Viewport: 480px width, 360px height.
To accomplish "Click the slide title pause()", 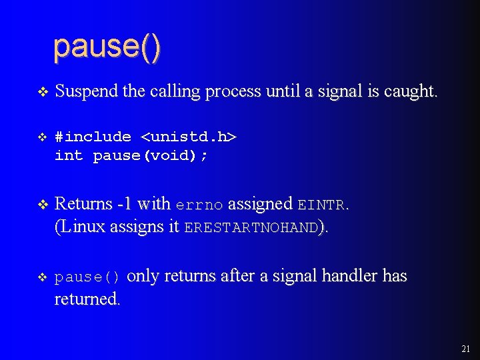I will pos(107,47).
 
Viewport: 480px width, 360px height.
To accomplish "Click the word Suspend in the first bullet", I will pos(83,92).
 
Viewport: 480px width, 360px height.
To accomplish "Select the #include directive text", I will pos(93,137).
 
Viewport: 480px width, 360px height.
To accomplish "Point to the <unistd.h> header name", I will pos(189,137).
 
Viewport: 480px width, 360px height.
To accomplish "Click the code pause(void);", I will pos(150,156).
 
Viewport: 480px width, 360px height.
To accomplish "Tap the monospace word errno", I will pos(199,204).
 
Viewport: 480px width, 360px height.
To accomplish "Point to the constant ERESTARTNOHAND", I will pos(251,227).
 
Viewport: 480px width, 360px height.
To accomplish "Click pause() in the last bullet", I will pos(87,277).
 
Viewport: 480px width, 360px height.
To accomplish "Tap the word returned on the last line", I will pos(87,299).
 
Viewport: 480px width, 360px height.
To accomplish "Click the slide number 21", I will pos(465,349).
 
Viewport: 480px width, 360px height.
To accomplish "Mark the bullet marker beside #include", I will pos(42,137).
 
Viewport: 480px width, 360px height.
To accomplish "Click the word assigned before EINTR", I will pos(260,203).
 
